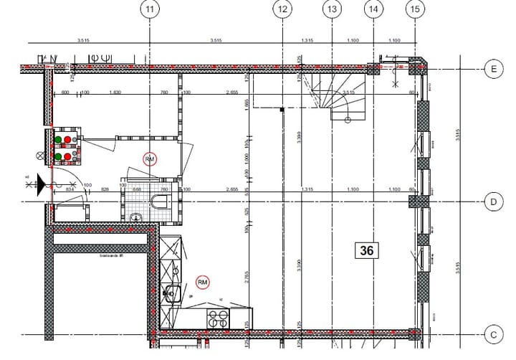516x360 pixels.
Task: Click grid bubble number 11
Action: coord(149,9)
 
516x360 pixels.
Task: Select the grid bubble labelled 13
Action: coord(331,9)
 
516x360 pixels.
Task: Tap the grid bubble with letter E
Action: coord(493,69)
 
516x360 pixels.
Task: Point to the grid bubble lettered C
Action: coord(493,334)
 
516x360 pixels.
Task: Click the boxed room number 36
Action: coord(368,250)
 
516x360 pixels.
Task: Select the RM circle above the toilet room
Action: coord(150,158)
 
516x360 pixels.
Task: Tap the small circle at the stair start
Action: coord(346,120)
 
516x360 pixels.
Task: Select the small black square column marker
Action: coord(282,109)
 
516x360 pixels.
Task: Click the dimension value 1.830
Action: coord(115,93)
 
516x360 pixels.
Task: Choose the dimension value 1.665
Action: coord(247,105)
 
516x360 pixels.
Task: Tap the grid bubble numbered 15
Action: coord(415,9)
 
